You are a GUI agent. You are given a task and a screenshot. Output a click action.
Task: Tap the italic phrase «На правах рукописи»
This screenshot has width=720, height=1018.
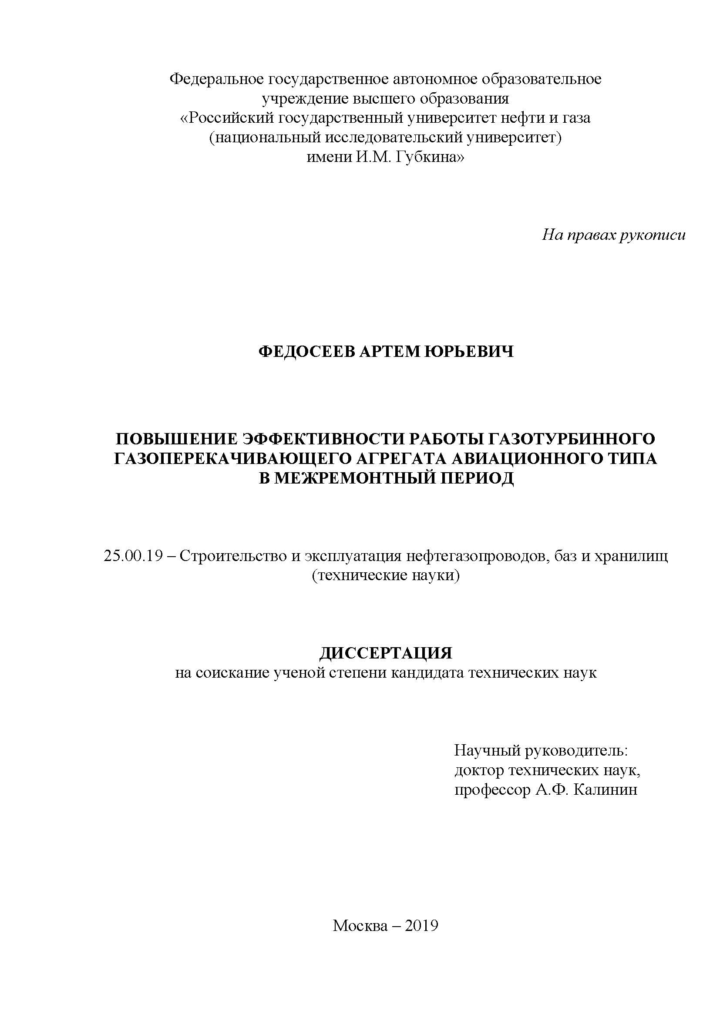point(614,235)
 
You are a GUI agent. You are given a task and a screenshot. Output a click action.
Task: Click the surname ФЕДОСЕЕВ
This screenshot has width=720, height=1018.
point(306,352)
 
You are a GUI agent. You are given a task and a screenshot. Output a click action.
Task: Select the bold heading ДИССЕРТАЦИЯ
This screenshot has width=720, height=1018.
point(386,653)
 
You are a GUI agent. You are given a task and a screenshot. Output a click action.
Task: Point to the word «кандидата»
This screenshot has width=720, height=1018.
point(426,673)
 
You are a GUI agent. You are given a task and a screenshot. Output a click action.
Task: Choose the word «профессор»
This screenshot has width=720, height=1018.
point(492,790)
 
